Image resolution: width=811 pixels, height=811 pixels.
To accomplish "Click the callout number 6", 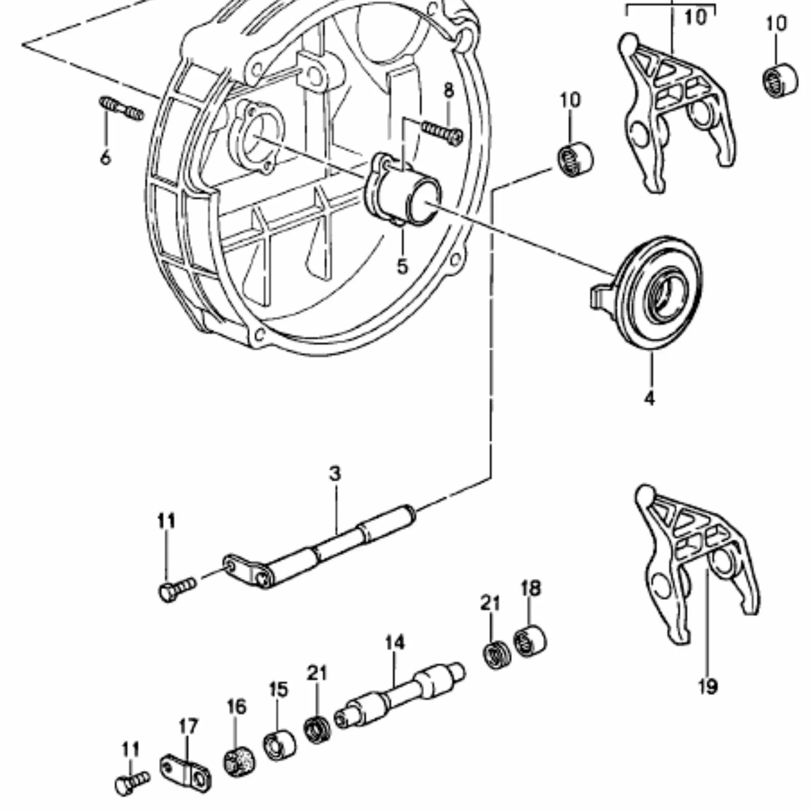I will point(105,158).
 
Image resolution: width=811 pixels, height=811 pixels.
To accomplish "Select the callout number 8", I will point(449,90).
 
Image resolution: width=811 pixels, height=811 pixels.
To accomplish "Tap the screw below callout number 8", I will point(442,132).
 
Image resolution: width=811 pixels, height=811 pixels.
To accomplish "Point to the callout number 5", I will point(402,266).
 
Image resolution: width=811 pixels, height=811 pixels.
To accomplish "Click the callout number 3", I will point(335,474).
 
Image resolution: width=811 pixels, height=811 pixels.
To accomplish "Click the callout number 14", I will point(394,643).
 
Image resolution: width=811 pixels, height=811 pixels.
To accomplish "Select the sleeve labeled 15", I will point(280,745).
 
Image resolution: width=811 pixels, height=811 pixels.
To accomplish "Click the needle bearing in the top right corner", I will point(779,80).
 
